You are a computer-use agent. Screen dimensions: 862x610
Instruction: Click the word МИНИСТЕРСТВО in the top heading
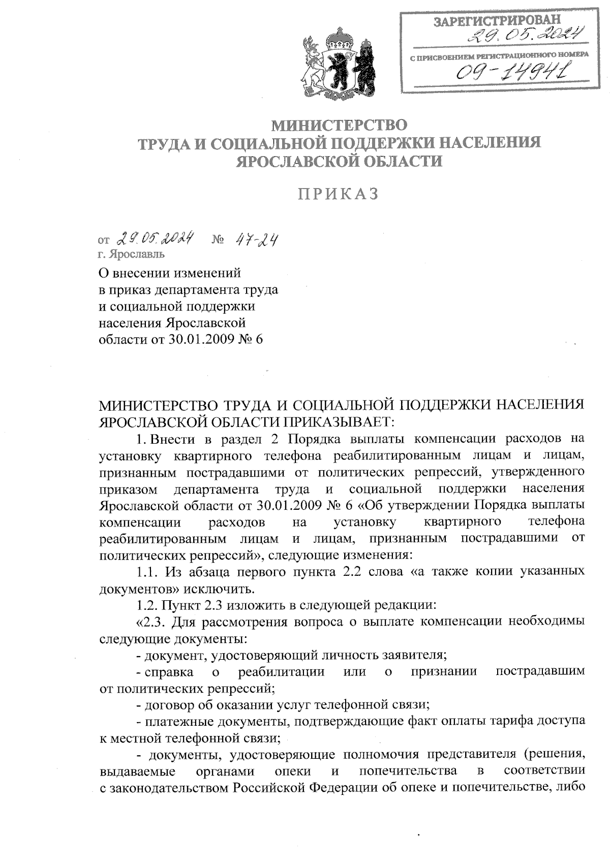[x=340, y=124]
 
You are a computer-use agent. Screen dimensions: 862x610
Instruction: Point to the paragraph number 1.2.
[x=148, y=605]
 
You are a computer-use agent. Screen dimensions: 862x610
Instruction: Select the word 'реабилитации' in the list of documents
[x=281, y=672]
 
